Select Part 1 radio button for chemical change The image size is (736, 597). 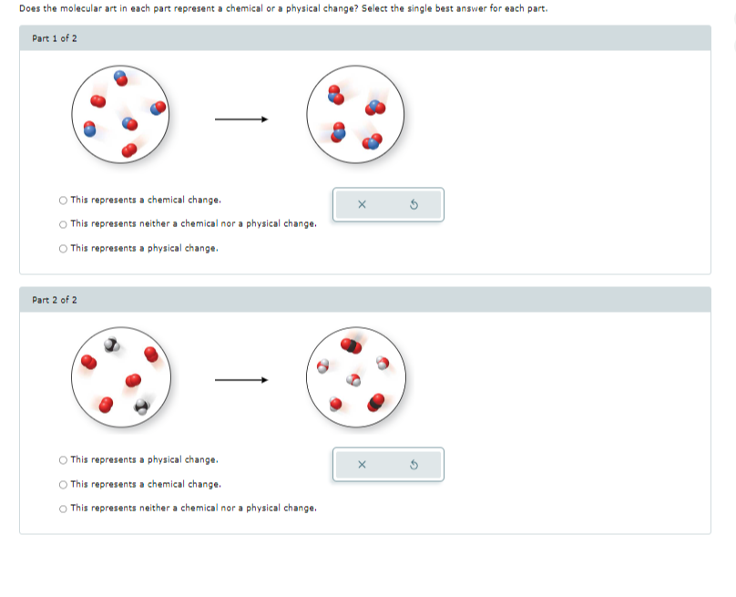tap(63, 201)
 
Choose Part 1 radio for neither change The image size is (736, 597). tap(63, 224)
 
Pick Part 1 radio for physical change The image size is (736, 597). tap(63, 249)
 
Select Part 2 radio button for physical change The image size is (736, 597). tap(63, 460)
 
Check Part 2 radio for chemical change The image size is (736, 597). tap(63, 485)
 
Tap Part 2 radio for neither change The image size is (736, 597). tap(63, 509)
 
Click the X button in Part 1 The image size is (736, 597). tap(362, 204)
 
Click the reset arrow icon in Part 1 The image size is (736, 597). tap(414, 204)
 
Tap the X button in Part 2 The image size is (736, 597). tap(362, 465)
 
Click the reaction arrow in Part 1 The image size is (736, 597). tap(241, 119)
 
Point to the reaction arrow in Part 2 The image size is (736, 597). tap(241, 380)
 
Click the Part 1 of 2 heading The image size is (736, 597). tap(55, 38)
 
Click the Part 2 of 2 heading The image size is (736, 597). tap(55, 300)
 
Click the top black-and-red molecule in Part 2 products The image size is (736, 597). tap(351, 345)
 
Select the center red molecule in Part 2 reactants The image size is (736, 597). tap(133, 380)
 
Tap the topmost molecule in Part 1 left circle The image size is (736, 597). tap(120, 78)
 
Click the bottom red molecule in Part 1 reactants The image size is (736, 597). tap(129, 149)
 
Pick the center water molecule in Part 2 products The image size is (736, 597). tap(353, 379)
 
